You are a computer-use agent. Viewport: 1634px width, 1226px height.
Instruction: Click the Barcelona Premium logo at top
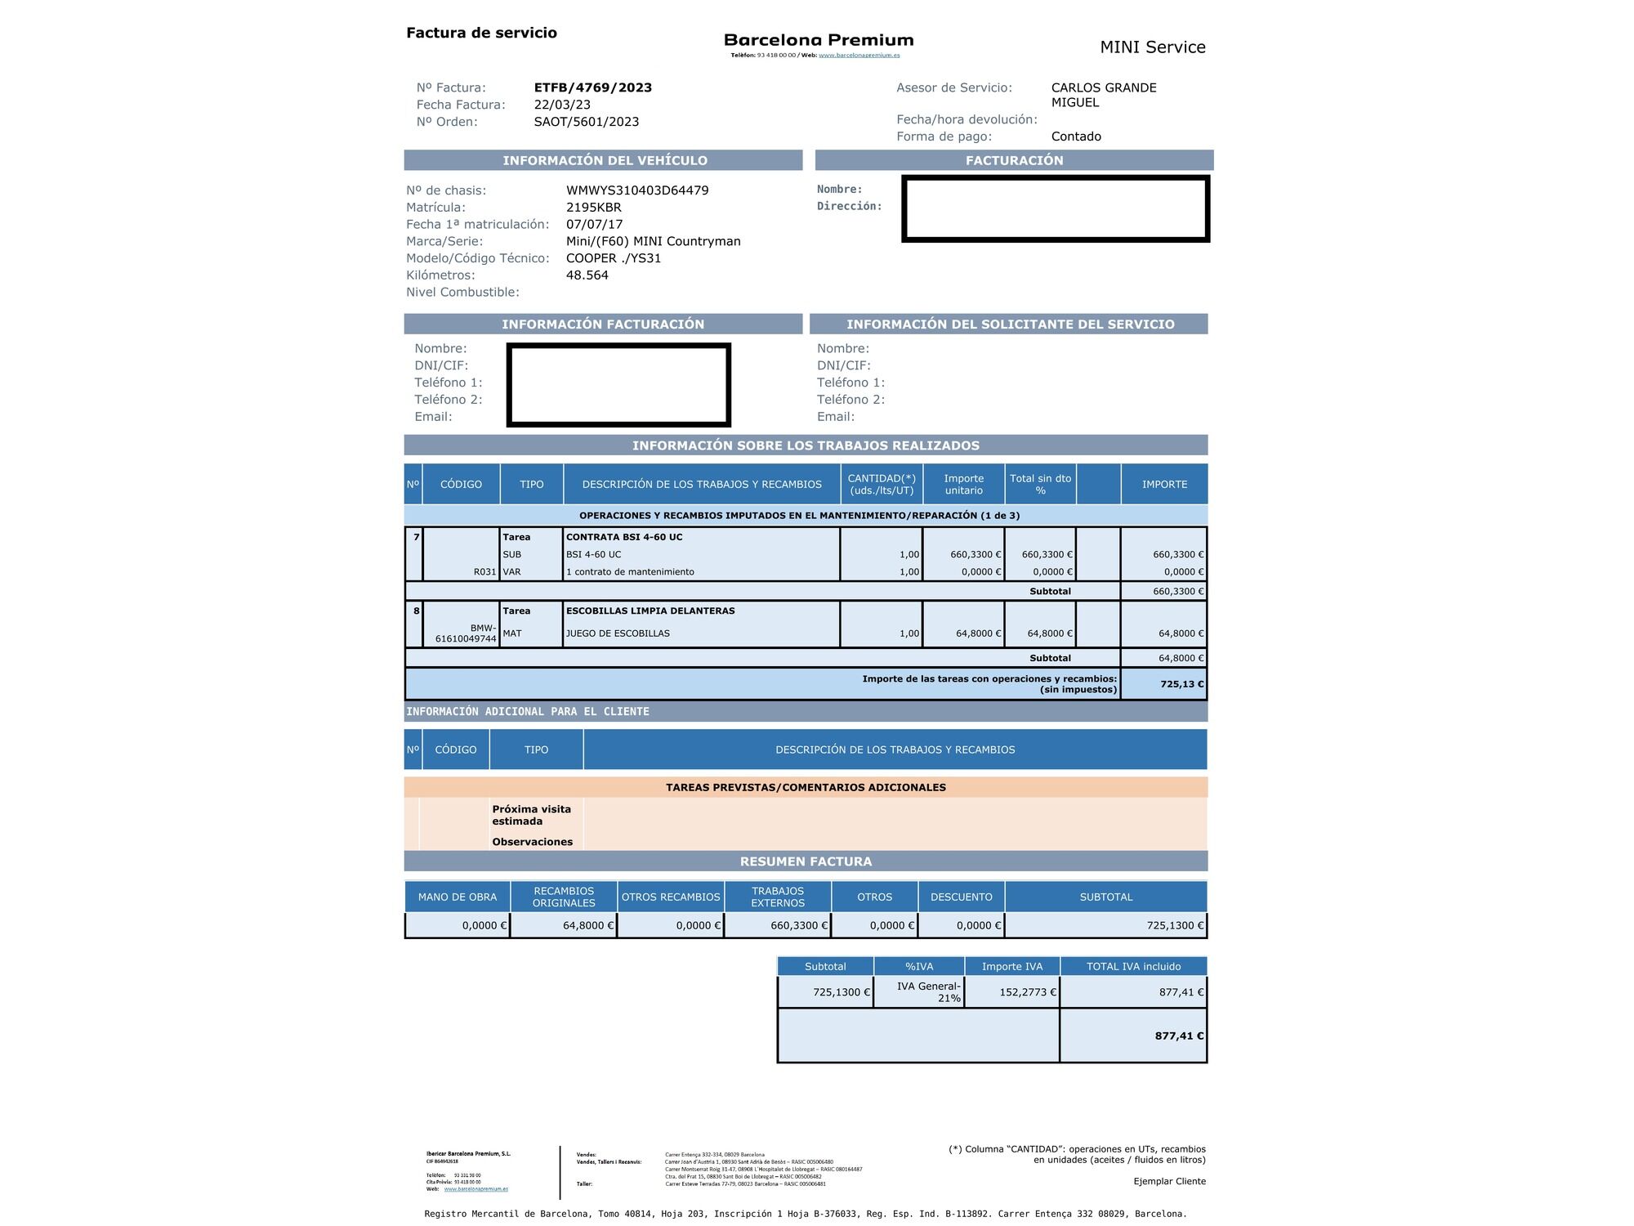click(819, 40)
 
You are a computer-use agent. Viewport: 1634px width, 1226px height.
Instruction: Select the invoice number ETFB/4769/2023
click(592, 87)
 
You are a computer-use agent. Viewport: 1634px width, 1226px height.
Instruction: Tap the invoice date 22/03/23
click(562, 105)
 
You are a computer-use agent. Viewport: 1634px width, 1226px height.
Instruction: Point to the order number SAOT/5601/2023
click(586, 122)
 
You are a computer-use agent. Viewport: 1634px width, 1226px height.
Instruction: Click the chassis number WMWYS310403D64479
click(637, 190)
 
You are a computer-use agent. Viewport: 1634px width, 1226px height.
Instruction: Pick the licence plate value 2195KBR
click(593, 208)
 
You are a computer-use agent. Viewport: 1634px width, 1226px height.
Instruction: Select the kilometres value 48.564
click(587, 275)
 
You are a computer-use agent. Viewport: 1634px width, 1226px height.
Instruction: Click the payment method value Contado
click(1076, 136)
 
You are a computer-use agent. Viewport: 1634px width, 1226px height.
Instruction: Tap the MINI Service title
click(1152, 47)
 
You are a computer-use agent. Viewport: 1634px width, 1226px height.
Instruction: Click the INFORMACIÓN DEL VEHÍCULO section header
click(605, 160)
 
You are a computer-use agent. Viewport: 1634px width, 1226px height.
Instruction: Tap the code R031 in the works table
click(484, 572)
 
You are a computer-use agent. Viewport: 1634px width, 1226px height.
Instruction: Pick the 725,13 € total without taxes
click(1181, 684)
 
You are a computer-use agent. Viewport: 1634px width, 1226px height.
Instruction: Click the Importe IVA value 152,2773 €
click(1028, 992)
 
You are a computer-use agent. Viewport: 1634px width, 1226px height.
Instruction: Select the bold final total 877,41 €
click(1179, 1036)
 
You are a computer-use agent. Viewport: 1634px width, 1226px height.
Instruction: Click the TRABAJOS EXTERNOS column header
click(778, 897)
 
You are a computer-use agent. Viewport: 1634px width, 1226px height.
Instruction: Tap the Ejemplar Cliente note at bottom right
click(1169, 1181)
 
